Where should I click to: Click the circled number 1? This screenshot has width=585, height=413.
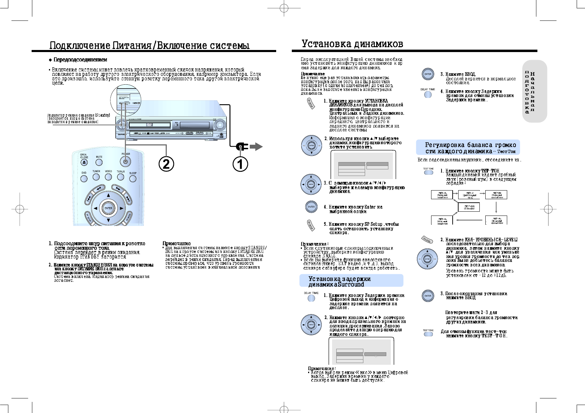240,164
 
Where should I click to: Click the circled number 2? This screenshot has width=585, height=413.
166,164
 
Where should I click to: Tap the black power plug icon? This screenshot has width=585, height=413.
241,146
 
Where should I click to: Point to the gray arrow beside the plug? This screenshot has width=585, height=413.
256,146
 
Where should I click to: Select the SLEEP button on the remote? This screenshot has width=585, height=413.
133,178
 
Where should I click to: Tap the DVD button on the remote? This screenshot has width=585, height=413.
84,178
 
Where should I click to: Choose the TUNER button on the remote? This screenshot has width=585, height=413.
96,177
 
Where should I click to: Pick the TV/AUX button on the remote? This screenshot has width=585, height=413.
121,177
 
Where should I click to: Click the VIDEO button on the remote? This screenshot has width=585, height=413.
108,177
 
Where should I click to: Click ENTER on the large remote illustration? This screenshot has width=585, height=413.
108,208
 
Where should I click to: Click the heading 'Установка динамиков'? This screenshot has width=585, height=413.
352,44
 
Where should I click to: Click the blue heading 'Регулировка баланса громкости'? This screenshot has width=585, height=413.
468,148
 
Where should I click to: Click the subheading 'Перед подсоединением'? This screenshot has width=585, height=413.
80,60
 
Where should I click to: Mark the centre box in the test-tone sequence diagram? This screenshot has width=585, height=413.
469,207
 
